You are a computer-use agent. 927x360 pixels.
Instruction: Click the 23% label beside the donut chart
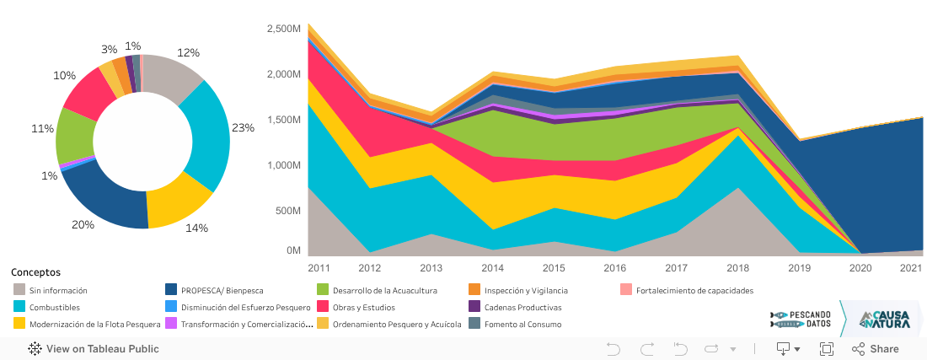point(243,128)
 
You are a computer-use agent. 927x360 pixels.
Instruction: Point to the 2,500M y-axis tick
point(283,29)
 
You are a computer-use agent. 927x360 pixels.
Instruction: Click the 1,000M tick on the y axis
point(283,165)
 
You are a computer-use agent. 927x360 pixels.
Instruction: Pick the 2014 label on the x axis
point(493,268)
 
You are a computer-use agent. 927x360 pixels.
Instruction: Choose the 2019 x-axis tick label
point(799,268)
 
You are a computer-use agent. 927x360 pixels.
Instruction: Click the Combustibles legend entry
point(56,307)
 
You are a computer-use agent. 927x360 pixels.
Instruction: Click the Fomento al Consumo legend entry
point(522,324)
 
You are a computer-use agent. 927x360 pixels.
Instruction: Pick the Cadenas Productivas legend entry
point(522,307)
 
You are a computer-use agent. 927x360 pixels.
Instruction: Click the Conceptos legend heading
point(35,272)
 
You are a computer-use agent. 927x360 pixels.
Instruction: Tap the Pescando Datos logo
point(801,319)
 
